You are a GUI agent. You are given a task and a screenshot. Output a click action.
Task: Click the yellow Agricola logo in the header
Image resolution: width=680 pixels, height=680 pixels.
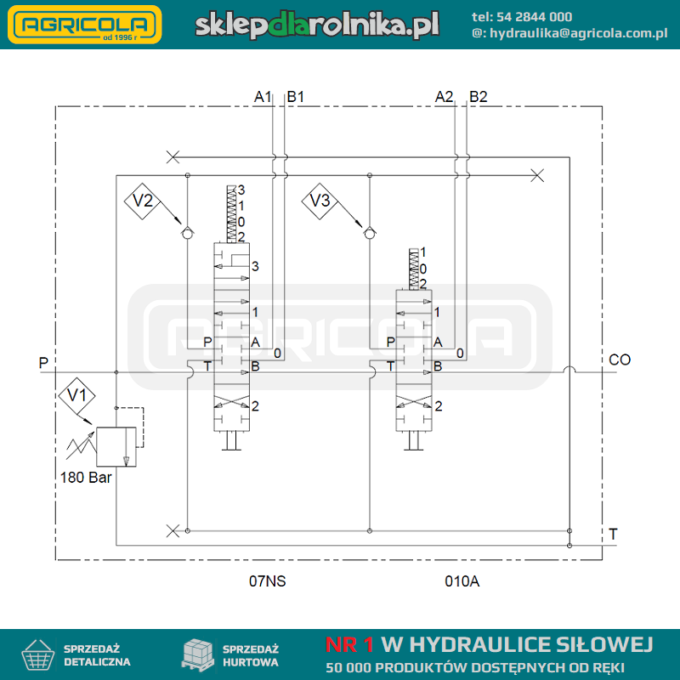click(x=85, y=25)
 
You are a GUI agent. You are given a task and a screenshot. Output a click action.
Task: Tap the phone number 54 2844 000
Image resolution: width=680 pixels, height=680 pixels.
click(x=534, y=17)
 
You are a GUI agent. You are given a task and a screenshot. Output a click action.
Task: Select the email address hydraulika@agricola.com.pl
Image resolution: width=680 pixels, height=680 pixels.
click(x=579, y=33)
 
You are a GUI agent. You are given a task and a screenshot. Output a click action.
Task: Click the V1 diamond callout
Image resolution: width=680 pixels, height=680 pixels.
click(x=76, y=395)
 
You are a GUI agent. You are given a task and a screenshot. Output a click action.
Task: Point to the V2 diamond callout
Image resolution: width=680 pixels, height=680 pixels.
click(x=142, y=201)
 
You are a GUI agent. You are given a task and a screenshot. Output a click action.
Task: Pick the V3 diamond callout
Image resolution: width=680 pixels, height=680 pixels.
click(x=320, y=201)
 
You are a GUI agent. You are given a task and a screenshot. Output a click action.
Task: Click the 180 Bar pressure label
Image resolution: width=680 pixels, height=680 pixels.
click(x=86, y=478)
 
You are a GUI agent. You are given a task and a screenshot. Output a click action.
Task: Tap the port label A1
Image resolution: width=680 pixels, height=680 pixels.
click(x=263, y=97)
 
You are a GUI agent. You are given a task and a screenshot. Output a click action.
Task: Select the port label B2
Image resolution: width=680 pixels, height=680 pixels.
click(x=479, y=97)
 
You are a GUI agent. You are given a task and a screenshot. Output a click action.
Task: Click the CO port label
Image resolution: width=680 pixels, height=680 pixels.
click(x=620, y=360)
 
